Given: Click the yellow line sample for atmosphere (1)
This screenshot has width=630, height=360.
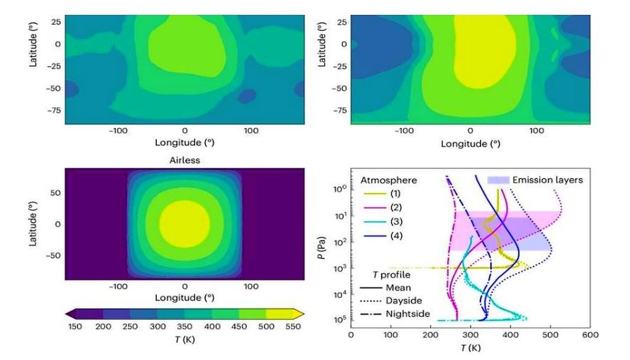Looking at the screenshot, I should (x=371, y=193).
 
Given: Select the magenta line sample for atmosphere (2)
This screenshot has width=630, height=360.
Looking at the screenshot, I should (x=371, y=207).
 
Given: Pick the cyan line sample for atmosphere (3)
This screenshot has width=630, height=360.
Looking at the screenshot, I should (x=371, y=222).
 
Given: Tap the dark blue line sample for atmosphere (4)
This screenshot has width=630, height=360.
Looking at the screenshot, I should (x=371, y=236).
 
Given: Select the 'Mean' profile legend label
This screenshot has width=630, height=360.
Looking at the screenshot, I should (x=397, y=287).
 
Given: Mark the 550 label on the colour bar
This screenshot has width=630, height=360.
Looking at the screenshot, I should (x=293, y=326).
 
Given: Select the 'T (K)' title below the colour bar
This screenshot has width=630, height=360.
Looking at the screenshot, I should (x=185, y=339).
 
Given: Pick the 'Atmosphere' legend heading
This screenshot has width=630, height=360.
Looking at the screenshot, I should (x=388, y=180).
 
